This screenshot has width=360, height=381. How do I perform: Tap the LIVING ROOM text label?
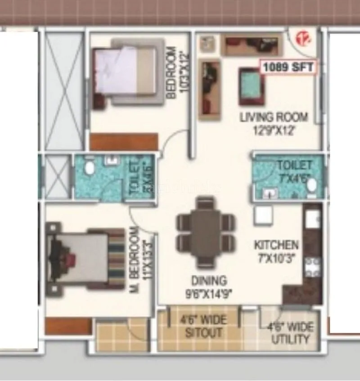click(x=274, y=117)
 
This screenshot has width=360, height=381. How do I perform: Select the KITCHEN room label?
click(x=276, y=245)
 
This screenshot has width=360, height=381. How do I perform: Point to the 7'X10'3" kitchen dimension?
click(x=276, y=259)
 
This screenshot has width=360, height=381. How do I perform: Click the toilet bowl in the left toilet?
click(x=90, y=168)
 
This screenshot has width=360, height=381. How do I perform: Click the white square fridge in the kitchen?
click(x=262, y=216)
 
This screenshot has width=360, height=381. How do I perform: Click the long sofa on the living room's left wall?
click(x=210, y=89)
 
